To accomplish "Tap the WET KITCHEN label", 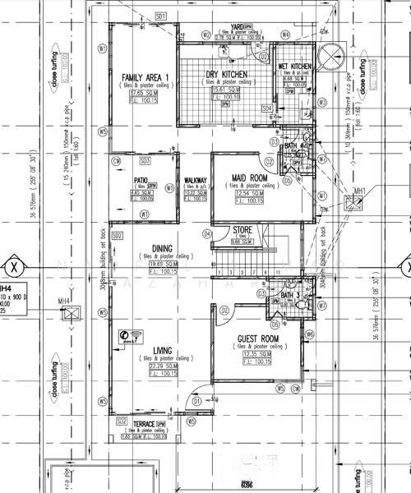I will click(294, 67).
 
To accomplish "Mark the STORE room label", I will click(242, 230).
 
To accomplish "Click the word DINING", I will click(162, 250).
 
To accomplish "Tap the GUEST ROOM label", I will click(258, 339).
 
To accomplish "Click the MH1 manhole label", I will click(359, 191).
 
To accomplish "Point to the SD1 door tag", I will click(160, 16).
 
